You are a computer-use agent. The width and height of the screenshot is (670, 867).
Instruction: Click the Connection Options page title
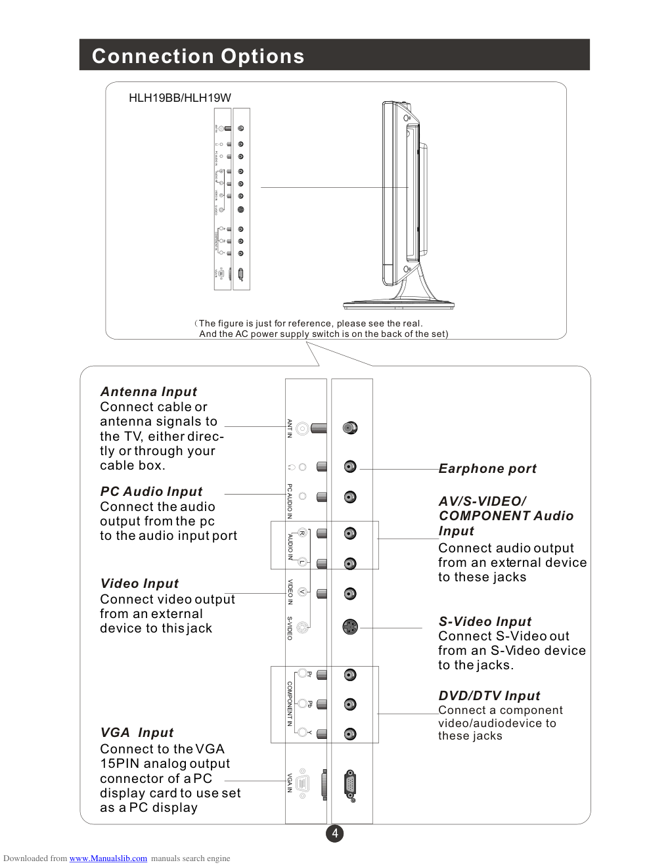click(x=198, y=56)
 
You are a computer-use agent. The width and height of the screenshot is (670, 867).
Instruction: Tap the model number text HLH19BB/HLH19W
click(x=179, y=98)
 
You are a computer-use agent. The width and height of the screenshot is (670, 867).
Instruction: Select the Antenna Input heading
click(x=148, y=391)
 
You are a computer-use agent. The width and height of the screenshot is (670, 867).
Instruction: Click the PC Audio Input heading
click(x=151, y=491)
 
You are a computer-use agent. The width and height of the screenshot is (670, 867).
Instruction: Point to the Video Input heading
click(x=139, y=583)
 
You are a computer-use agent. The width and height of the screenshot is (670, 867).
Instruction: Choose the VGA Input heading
click(x=137, y=732)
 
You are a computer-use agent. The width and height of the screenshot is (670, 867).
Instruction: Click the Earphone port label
click(x=487, y=468)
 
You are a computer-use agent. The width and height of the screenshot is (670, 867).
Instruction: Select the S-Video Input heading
click(x=485, y=621)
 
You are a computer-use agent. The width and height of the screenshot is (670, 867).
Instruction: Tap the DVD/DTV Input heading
click(x=489, y=696)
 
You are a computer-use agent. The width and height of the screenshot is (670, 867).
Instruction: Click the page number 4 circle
click(x=335, y=834)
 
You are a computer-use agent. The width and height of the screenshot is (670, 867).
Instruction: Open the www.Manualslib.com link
click(x=108, y=858)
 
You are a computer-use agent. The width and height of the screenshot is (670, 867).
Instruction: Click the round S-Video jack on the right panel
click(x=350, y=627)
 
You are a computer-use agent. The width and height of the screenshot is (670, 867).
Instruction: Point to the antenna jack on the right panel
click(x=350, y=428)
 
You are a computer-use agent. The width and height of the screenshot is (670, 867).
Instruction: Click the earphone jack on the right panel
click(x=350, y=466)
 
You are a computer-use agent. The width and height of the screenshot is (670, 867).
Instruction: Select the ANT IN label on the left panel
click(x=290, y=428)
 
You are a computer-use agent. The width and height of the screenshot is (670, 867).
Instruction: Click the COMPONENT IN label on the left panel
click(x=290, y=703)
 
